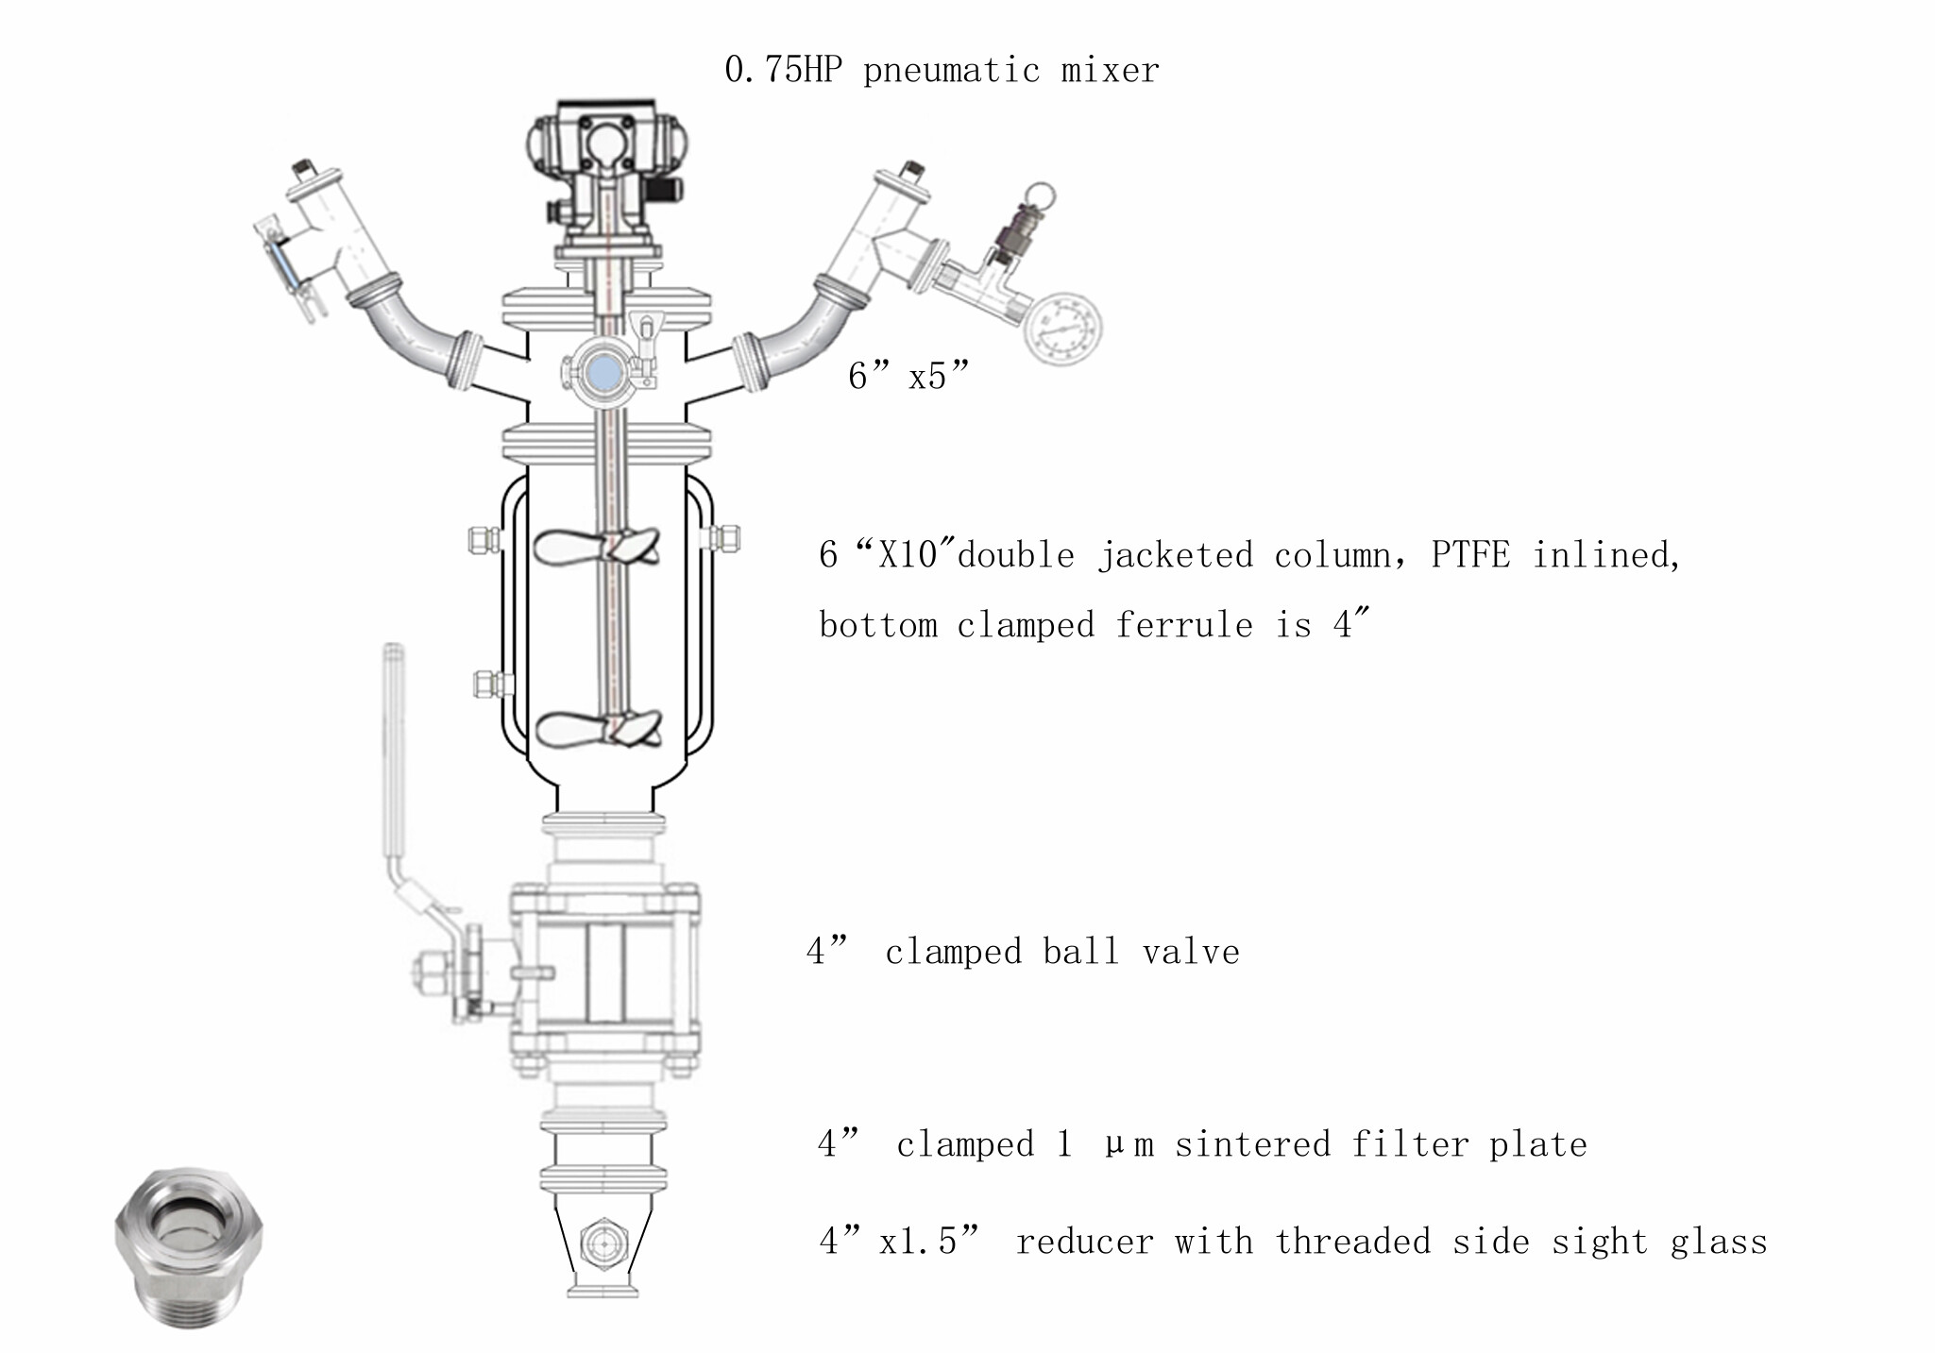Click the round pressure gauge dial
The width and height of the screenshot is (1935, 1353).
tap(1063, 328)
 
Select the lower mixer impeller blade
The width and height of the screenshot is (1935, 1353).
tap(598, 729)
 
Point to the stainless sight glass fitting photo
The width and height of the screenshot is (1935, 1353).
tap(189, 1245)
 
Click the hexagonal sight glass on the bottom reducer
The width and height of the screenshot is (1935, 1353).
tap(603, 1244)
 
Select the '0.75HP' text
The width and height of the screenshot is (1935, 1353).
tap(783, 70)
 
